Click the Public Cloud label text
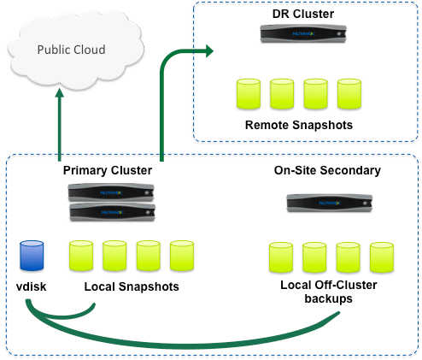71,50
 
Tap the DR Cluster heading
303,14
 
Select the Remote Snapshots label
299,125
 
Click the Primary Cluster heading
108,170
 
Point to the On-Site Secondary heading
327,170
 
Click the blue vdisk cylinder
32,256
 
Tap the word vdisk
31,286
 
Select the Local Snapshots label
132,286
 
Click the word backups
328,298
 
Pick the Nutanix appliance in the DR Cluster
303,34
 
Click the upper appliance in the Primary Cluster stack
111,192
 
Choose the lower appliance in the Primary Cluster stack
113,212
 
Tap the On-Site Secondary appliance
330,203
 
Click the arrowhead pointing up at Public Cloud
60,93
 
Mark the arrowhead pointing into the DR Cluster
209,51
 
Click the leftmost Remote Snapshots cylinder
249,94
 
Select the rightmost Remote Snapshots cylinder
349,94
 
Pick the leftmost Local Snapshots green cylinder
81,256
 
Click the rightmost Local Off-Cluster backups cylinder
382,257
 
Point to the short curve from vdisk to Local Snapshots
57,316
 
